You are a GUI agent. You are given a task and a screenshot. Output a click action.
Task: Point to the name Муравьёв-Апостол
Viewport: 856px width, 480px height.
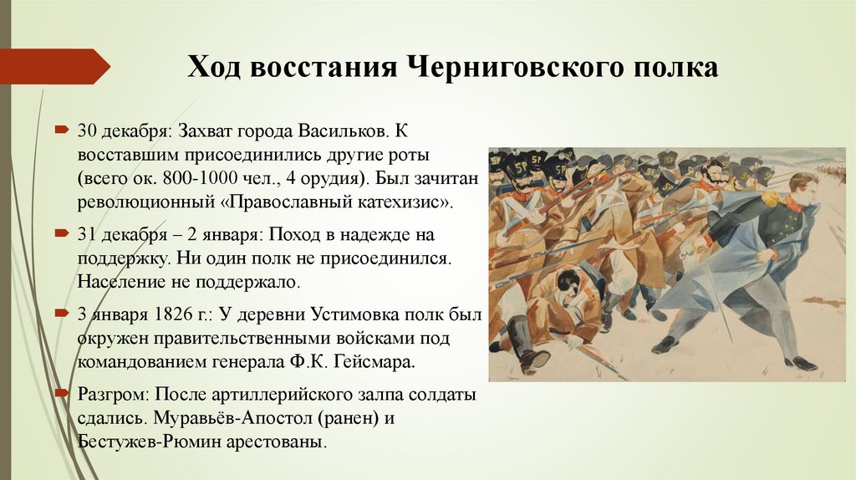[249, 417]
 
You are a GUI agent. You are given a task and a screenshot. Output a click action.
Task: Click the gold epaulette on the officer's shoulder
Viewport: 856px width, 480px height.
[770, 199]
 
